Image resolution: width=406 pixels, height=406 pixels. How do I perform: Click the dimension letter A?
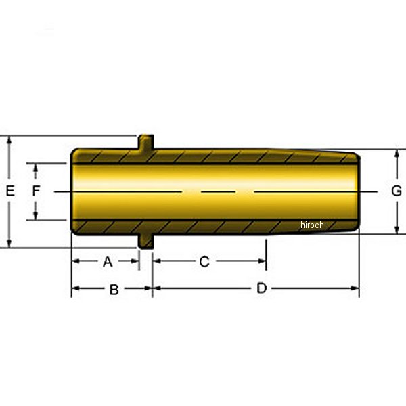click(108, 262)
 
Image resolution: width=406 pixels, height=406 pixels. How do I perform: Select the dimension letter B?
click(114, 290)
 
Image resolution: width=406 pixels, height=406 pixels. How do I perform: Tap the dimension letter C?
click(204, 261)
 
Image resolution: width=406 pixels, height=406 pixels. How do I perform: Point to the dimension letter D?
click(261, 288)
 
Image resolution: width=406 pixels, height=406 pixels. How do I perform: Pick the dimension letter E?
click(10, 191)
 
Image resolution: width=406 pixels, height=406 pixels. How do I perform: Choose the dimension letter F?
click(36, 191)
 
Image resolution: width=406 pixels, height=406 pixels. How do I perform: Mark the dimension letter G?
click(397, 191)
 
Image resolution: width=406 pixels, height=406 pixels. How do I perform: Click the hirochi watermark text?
click(313, 225)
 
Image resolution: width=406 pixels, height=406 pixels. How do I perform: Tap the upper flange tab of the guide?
click(146, 141)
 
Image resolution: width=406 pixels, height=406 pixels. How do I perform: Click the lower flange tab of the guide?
click(146, 242)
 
